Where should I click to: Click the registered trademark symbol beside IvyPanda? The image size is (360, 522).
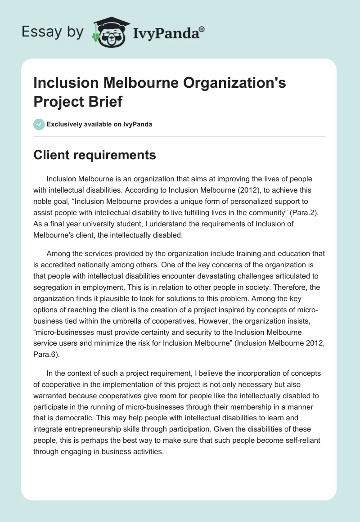coord(202,29)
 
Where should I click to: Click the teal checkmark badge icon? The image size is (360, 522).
coord(39,124)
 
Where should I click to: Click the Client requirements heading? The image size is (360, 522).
coord(95,155)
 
